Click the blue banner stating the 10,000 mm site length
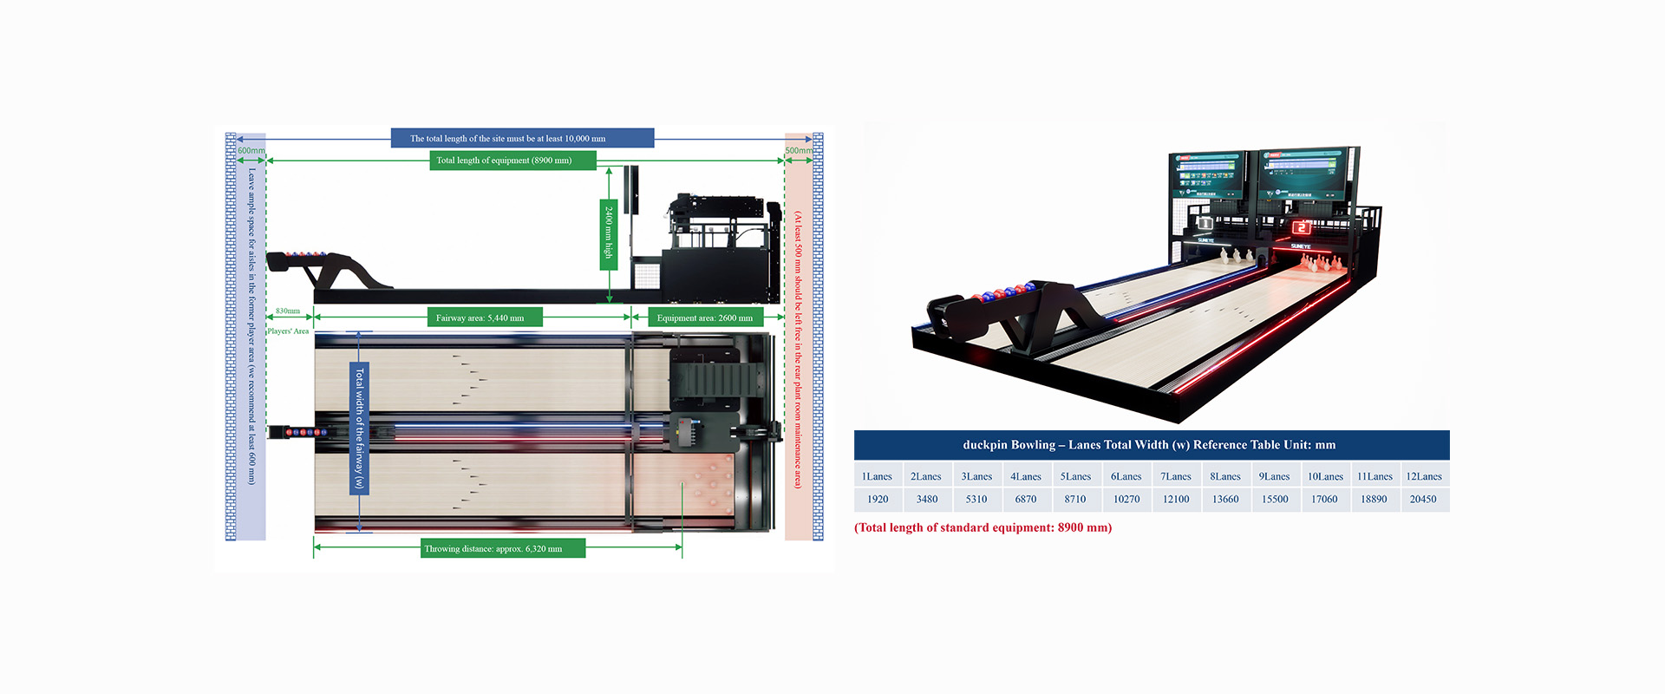[522, 138]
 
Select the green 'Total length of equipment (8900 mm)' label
[513, 160]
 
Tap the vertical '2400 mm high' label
[609, 232]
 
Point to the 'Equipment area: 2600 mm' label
[706, 318]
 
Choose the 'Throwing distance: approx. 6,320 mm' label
[503, 548]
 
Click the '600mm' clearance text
[251, 151]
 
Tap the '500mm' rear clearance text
[799, 151]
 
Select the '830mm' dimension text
[288, 311]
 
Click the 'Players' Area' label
[288, 331]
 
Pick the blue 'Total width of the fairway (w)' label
[359, 429]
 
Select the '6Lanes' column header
[1126, 476]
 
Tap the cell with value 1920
[878, 500]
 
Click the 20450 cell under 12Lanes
[1423, 500]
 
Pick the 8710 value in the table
[1075, 500]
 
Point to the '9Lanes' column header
[1275, 476]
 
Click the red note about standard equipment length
[983, 527]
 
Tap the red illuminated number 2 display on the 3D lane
[1302, 227]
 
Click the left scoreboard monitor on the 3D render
[1208, 176]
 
